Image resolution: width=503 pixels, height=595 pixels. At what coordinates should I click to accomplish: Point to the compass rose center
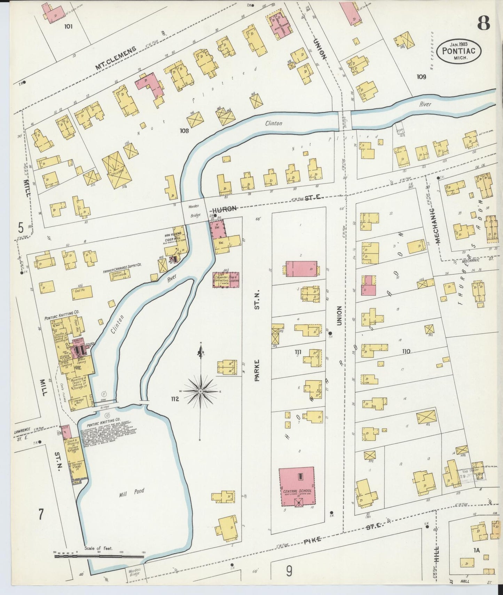pos(201,391)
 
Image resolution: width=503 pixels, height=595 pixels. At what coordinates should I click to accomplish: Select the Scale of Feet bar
pos(99,556)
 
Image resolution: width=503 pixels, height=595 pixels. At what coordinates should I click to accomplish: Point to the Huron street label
pos(225,208)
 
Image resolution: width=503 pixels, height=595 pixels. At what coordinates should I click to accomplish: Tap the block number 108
pos(184,131)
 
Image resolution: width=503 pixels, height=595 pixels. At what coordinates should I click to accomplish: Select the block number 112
pos(174,399)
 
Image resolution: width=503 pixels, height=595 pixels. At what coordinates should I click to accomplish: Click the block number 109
pos(421,77)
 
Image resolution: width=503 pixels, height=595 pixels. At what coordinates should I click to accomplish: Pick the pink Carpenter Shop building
pos(226,280)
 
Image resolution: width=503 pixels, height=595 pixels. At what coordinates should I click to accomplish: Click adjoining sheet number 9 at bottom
pos(289,571)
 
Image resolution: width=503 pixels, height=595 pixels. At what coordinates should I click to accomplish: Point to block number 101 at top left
pos(68,26)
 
